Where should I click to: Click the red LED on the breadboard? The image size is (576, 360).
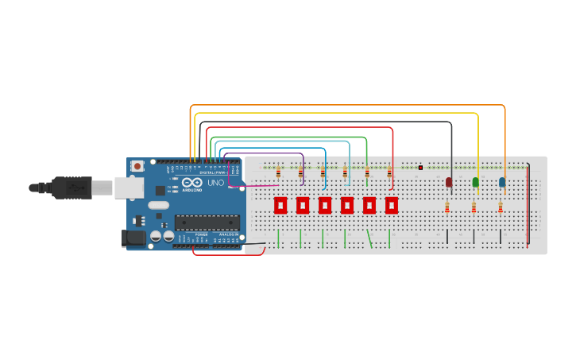449,182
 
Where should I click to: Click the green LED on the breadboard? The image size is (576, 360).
476,182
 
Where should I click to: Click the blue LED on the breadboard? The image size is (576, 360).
502,182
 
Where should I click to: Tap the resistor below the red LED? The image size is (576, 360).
447,207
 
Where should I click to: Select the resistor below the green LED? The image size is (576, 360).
474,207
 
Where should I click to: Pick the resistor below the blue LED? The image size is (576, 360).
501,207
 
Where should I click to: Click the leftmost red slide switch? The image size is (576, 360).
280,205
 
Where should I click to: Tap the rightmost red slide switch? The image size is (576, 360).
392,205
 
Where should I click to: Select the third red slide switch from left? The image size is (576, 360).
325,205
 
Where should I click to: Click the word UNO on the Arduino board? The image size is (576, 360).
215,183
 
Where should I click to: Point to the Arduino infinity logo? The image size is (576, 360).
192,182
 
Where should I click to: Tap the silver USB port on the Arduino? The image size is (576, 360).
128,188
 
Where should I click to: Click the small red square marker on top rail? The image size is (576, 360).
420,168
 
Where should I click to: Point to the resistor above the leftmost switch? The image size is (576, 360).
278,172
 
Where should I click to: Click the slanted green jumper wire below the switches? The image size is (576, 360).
369,238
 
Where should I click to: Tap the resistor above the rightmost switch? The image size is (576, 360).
389,172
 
